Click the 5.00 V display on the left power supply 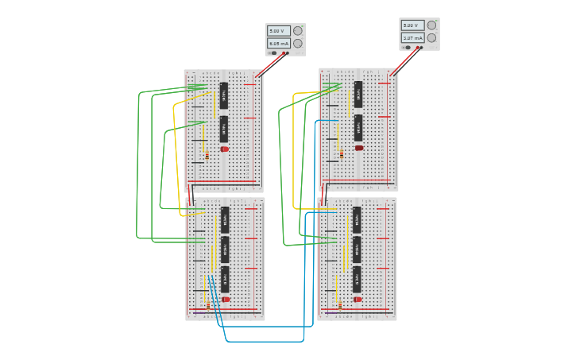coord(278,31)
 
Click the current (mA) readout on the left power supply coord(278,44)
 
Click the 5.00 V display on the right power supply coord(412,25)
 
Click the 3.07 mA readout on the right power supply coord(412,37)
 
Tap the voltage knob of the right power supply coord(431,25)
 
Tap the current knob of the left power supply coord(297,44)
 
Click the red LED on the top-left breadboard coord(225,149)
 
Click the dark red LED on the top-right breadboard coord(359,148)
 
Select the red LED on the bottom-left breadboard coord(226,300)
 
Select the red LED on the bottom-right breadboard coord(358,300)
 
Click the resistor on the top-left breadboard coord(207,156)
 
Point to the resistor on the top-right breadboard coord(342,154)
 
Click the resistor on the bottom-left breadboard coord(208,305)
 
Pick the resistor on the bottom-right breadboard coord(340,305)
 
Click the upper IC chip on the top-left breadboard coord(224,95)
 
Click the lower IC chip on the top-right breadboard coord(358,127)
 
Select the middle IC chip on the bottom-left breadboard coord(225,250)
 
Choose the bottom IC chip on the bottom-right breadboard coord(357,279)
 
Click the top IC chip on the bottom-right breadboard coord(357,220)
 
